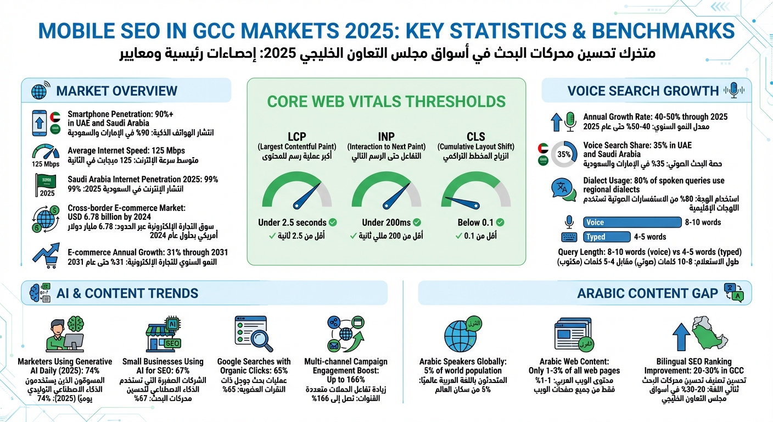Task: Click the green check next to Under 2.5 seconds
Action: pyautogui.click(x=333, y=223)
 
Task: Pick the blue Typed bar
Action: pyautogui.click(x=606, y=237)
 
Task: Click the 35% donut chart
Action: pyautogui.click(x=564, y=154)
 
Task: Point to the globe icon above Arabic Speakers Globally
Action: pyautogui.click(x=461, y=334)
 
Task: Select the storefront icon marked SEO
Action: pyautogui.click(x=164, y=335)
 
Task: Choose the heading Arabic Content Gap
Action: pyautogui.click(x=647, y=293)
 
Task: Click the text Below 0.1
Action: pyautogui.click(x=475, y=223)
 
